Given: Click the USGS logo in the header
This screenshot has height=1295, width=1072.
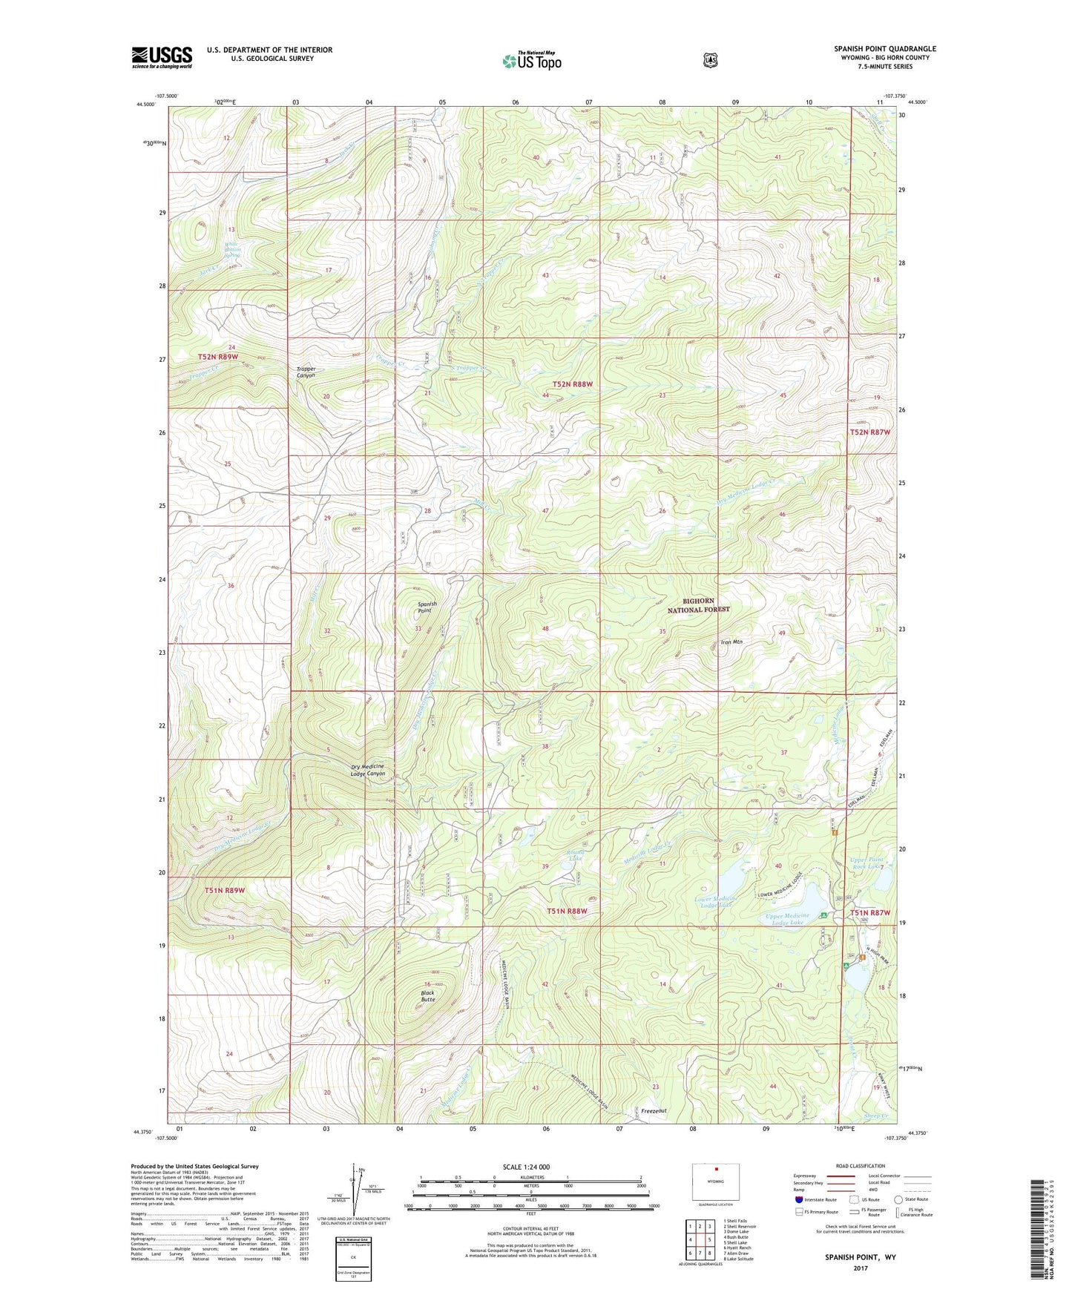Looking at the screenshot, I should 162,57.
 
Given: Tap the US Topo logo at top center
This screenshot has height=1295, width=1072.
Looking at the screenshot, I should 531,61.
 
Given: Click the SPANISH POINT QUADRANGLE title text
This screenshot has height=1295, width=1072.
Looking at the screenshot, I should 884,49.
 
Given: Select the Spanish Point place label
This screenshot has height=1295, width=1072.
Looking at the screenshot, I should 427,607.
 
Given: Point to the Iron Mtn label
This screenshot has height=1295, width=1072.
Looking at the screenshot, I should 731,642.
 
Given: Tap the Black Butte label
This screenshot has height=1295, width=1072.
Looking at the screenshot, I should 428,995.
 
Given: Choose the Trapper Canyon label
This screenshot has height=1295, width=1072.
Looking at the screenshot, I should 306,372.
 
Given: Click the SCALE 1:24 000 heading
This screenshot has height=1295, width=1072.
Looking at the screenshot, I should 526,1167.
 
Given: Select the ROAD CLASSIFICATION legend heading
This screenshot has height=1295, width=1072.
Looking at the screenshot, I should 860,1166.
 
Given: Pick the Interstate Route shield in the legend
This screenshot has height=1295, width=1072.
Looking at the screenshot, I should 798,1199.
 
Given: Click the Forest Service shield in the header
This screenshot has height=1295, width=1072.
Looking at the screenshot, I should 711,60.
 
